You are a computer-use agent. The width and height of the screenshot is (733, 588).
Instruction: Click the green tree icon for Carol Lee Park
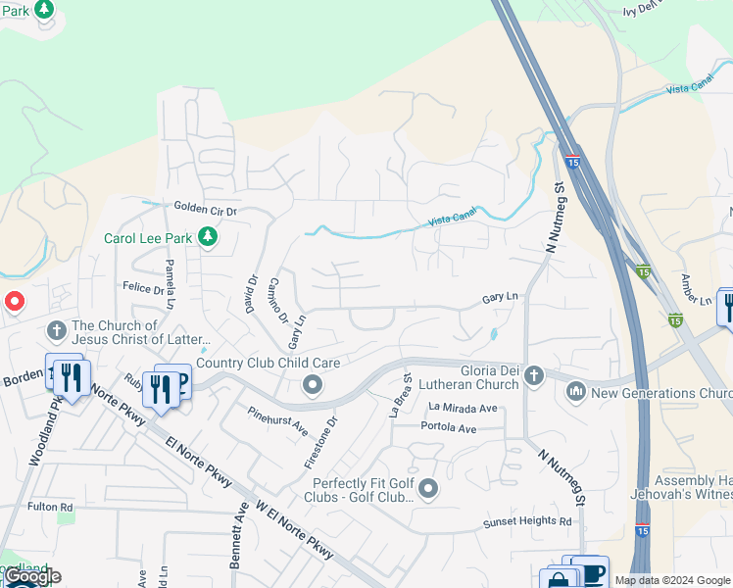[207, 237]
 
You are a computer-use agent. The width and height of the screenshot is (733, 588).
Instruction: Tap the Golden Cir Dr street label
[206, 209]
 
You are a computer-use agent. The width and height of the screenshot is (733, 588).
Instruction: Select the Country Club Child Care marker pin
[313, 384]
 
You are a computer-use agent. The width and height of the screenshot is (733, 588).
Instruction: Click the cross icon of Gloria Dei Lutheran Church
[533, 374]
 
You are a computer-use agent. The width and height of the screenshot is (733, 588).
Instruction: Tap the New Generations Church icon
[575, 392]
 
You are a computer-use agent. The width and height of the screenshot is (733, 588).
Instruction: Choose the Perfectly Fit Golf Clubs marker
[427, 488]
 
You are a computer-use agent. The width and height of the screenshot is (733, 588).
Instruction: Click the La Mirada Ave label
[464, 409]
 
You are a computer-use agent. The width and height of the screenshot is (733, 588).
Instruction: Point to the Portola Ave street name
[448, 428]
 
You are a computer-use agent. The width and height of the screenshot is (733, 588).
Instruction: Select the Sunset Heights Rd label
[526, 522]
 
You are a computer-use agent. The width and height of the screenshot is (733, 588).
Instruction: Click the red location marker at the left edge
[14, 302]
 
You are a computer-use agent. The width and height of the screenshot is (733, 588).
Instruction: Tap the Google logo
[32, 576]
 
